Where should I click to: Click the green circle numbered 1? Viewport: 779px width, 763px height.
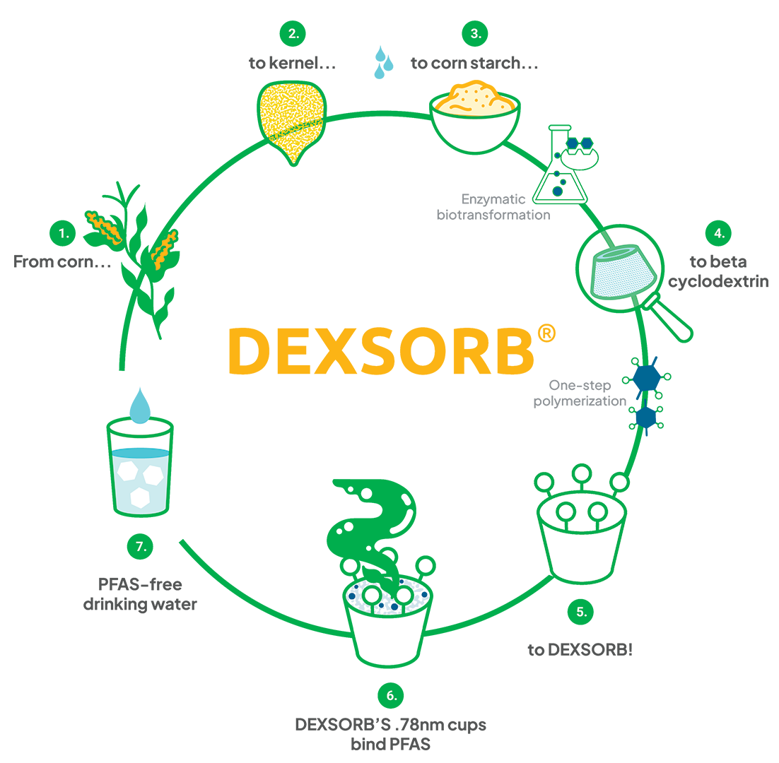[63, 233]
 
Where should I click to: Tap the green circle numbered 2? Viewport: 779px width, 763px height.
[293, 34]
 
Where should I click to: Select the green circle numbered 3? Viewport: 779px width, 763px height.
[475, 34]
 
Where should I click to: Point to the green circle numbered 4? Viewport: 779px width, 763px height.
[719, 233]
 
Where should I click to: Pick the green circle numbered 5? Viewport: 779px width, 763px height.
[580, 612]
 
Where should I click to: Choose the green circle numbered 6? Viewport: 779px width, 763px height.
[390, 696]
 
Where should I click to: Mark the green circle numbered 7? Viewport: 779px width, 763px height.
[140, 547]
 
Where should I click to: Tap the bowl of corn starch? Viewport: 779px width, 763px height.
[475, 118]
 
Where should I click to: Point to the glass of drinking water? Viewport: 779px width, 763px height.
[140, 467]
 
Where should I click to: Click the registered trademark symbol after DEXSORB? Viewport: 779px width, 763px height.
[546, 333]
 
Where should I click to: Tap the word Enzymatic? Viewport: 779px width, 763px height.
[493, 199]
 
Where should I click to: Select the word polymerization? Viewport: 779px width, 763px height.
[580, 401]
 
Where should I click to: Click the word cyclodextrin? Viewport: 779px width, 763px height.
[718, 281]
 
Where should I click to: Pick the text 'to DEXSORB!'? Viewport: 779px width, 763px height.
[580, 650]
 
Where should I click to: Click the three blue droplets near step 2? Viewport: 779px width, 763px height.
[383, 63]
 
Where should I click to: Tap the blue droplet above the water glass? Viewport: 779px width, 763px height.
[140, 406]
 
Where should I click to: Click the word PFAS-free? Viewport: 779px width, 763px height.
[140, 584]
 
